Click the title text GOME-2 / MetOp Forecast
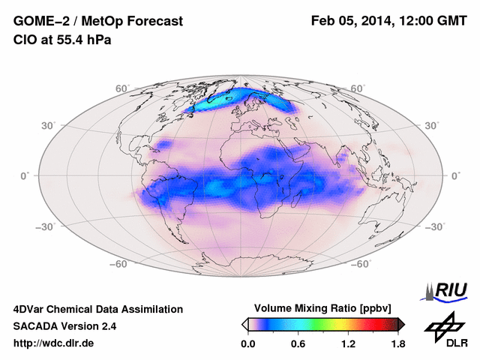(x=97, y=22)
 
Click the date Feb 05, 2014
(x=350, y=22)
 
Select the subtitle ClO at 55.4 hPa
(x=62, y=40)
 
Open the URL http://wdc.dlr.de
(x=54, y=343)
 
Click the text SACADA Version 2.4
(x=65, y=326)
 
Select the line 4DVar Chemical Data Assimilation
(x=98, y=309)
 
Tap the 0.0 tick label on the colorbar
(x=248, y=343)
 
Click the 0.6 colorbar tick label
(x=298, y=343)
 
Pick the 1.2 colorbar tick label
(x=348, y=343)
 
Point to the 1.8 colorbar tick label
(x=397, y=343)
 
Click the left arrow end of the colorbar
(x=244, y=324)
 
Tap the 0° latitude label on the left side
(x=25, y=175)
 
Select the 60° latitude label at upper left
(x=122, y=88)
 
